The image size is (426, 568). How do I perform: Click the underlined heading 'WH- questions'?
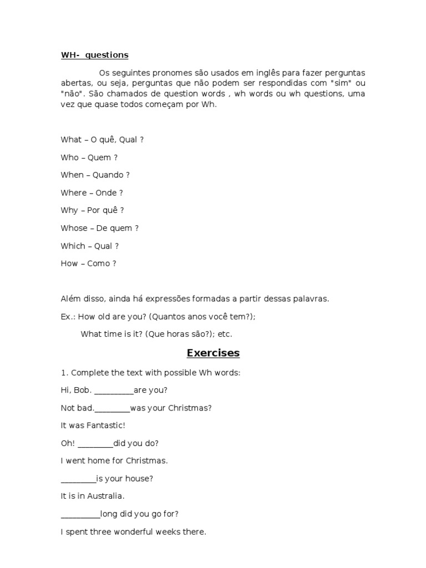94,55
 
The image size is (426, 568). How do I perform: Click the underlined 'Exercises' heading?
213,353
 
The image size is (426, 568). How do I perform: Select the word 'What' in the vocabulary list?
71,140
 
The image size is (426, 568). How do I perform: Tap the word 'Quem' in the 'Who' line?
99,158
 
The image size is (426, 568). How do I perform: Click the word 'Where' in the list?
74,193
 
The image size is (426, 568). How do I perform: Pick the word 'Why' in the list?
69,211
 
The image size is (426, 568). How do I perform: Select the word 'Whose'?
74,229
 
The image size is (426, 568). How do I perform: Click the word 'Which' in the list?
73,246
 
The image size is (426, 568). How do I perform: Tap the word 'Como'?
98,264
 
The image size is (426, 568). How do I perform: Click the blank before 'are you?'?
114,392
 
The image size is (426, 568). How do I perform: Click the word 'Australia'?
105,496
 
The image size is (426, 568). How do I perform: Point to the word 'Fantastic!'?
105,425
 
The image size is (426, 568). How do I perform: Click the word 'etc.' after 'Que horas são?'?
225,334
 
